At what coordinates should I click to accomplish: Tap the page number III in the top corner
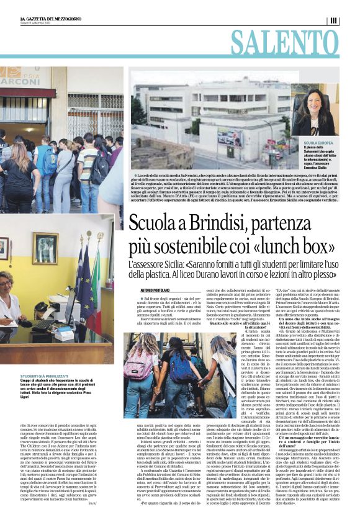coord(334,20)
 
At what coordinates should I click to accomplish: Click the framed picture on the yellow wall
coord(45,248)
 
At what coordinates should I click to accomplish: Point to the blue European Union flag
coord(81,267)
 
